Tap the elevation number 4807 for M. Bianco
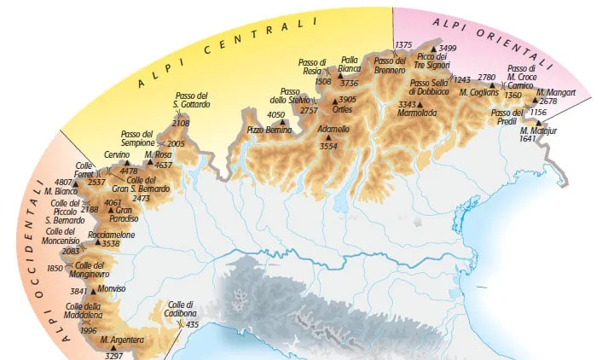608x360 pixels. click(x=63, y=182)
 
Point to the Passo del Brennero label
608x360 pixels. click(x=390, y=65)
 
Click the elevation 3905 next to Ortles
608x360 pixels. click(x=347, y=99)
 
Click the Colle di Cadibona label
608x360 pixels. click(x=180, y=310)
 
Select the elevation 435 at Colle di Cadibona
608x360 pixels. click(x=192, y=325)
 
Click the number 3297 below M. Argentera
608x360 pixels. click(x=113, y=355)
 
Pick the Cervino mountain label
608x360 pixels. click(x=117, y=154)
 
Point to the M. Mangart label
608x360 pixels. click(x=556, y=91)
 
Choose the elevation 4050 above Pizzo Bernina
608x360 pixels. click(x=275, y=114)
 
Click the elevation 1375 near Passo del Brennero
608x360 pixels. click(x=404, y=44)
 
